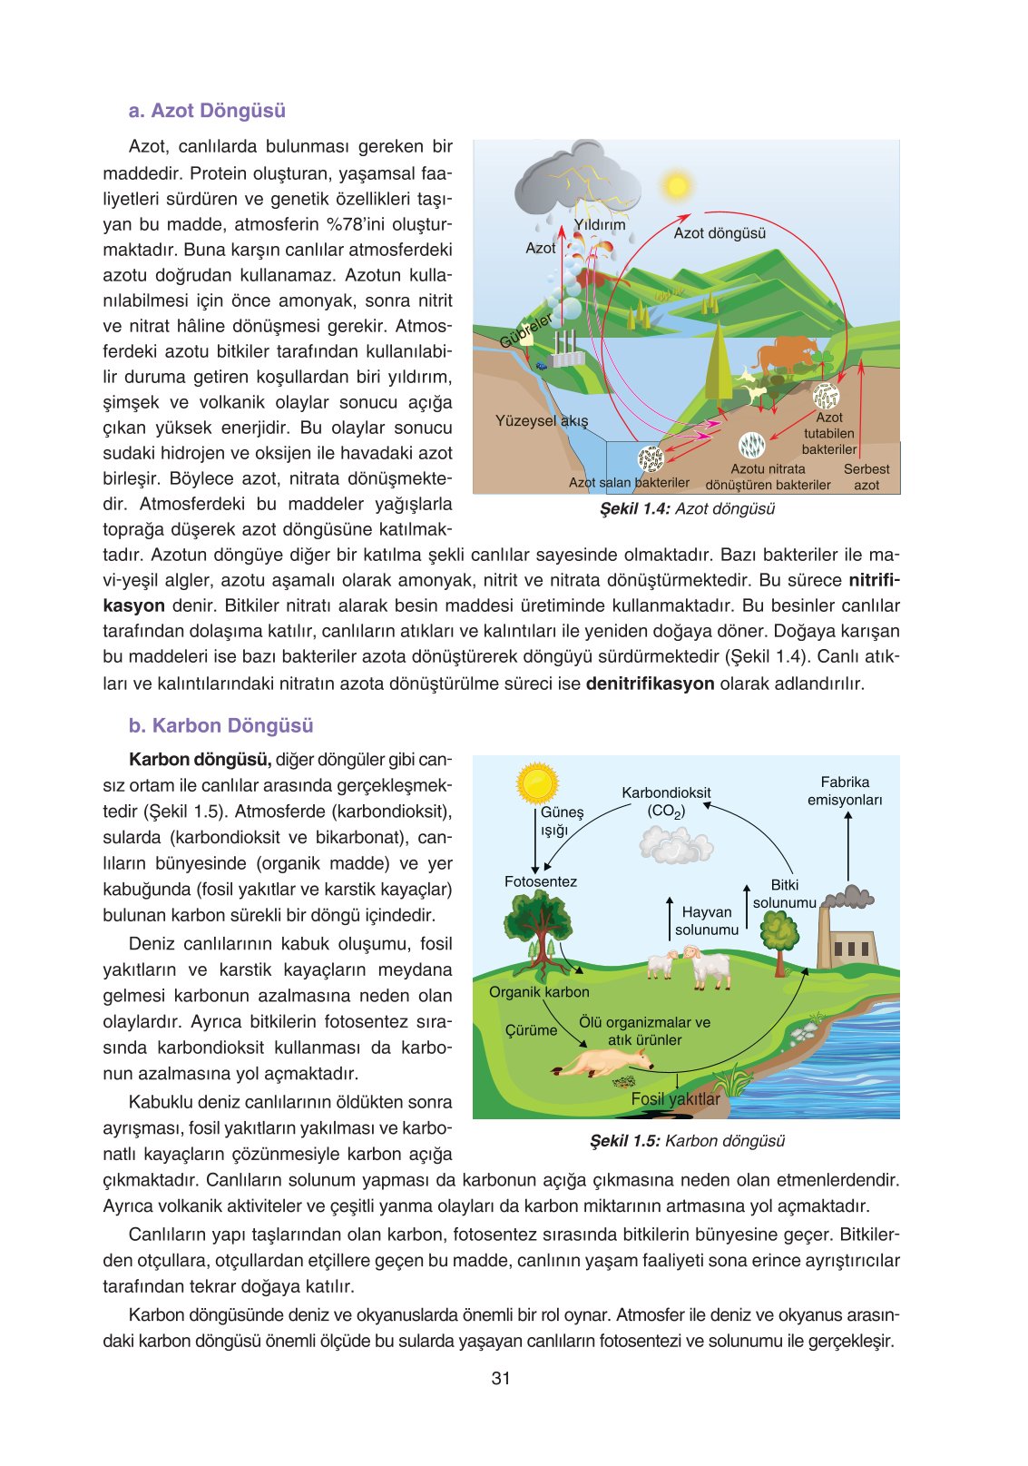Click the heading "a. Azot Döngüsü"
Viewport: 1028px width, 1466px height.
click(207, 111)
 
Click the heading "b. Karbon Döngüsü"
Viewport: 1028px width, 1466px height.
click(220, 725)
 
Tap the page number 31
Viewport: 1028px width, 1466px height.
click(501, 1378)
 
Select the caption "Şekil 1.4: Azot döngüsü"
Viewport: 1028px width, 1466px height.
click(687, 509)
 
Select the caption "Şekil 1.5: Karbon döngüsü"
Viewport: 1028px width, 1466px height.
click(687, 1141)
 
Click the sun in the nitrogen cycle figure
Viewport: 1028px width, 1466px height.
click(676, 186)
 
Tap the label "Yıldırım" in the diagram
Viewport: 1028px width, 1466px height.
click(600, 224)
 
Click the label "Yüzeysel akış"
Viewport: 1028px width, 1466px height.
click(542, 420)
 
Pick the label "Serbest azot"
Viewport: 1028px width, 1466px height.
click(866, 477)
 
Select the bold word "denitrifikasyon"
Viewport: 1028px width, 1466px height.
click(650, 684)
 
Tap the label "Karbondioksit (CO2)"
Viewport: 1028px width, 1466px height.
click(666, 802)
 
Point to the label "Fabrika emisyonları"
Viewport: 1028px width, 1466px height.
click(845, 791)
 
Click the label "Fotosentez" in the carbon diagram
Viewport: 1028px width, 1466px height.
click(541, 881)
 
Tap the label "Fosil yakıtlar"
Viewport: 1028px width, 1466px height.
click(675, 1099)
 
